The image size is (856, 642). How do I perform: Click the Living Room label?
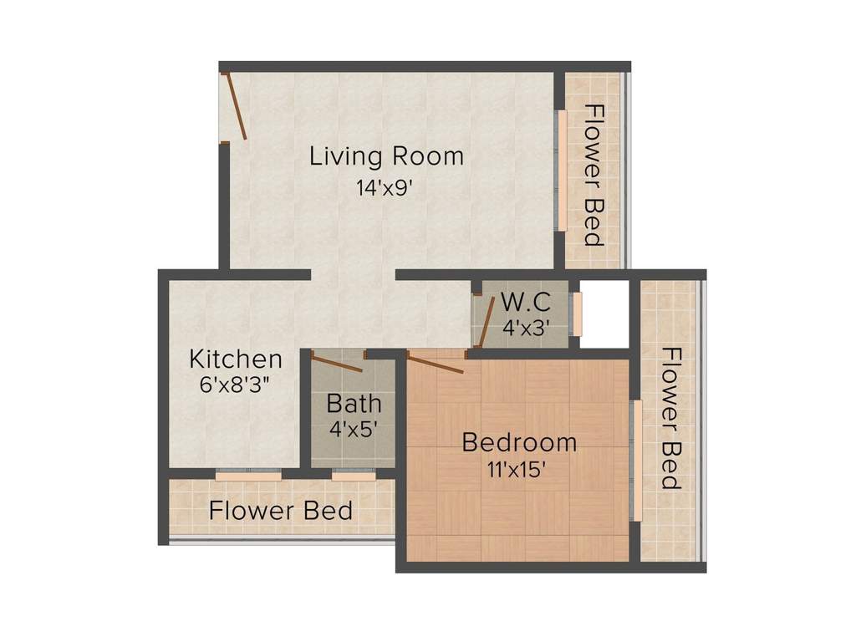point(386,156)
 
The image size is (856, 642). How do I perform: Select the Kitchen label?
point(236,360)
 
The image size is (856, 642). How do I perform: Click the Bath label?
point(354,404)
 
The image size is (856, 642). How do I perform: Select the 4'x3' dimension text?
point(525,329)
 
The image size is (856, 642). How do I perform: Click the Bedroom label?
point(519,441)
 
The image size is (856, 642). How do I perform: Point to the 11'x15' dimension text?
point(518,469)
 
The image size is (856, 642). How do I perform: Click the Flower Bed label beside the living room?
point(594,175)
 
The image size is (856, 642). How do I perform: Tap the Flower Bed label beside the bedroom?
point(670,418)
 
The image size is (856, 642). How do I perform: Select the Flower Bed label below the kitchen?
point(281,510)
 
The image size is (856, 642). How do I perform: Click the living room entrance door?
point(235,107)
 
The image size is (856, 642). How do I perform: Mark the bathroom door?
point(336,363)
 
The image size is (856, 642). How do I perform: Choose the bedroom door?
point(435,363)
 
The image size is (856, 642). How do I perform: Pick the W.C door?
point(481,321)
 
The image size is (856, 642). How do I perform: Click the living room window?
point(563,169)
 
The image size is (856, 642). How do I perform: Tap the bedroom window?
point(637,461)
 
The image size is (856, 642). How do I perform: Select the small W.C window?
point(576,313)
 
